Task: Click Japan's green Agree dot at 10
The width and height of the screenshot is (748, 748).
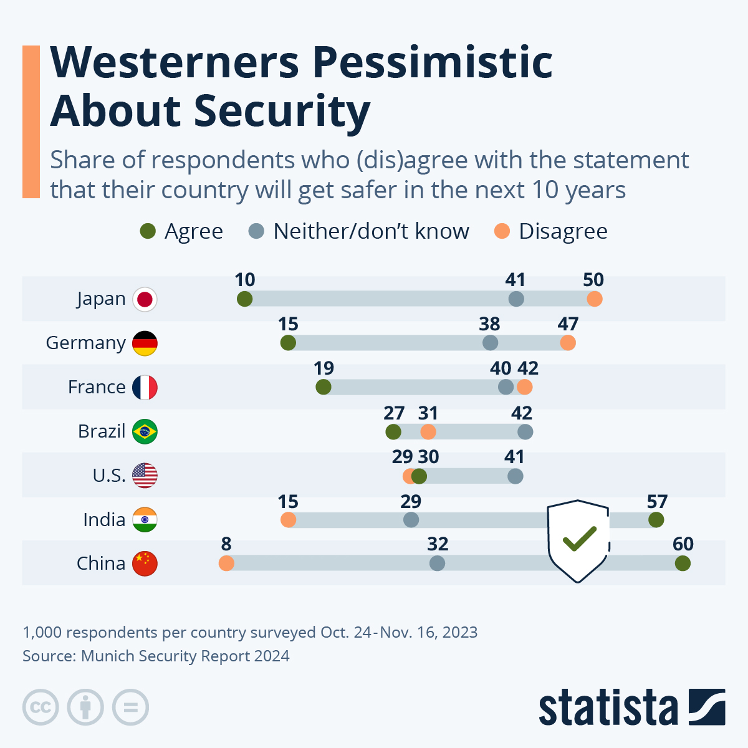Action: tap(244, 299)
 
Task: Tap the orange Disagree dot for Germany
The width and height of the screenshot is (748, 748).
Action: tap(568, 343)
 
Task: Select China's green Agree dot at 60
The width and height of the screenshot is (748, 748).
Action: tap(683, 563)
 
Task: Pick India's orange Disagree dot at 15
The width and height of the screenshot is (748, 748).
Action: tap(288, 520)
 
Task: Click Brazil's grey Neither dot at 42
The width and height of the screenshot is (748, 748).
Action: tap(525, 431)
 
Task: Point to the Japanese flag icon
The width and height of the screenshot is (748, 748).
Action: tap(145, 299)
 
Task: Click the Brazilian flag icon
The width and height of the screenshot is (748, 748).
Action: tap(145, 431)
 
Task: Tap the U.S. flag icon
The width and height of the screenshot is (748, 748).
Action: tap(145, 476)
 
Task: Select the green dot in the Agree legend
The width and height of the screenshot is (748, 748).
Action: tap(148, 231)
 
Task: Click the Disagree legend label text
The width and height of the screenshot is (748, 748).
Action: tap(563, 231)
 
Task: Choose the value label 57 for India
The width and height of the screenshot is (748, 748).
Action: tap(657, 502)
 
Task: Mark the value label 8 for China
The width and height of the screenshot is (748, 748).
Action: tap(226, 544)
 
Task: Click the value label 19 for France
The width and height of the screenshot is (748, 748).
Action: tap(324, 368)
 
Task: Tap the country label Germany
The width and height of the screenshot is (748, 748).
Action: tap(86, 343)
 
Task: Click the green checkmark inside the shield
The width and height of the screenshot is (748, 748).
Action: tap(579, 539)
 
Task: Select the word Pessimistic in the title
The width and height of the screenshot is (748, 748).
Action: tap(432, 62)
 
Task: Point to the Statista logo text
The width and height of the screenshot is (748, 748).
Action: tap(608, 707)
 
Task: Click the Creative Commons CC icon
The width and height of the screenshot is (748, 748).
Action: tap(41, 707)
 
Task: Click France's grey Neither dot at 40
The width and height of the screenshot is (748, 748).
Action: tap(506, 387)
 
